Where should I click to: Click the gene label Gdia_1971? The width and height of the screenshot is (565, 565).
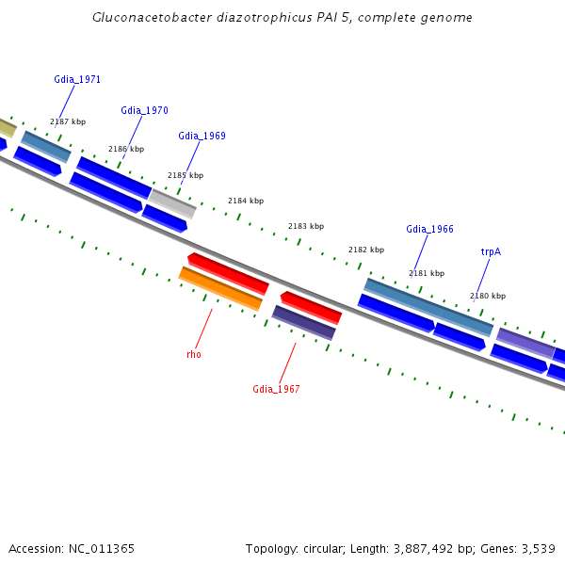[77, 80]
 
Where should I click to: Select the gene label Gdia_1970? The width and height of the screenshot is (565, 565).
[144, 111]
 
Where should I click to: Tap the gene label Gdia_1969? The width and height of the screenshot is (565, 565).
[202, 137]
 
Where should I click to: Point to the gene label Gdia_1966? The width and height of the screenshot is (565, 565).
[429, 230]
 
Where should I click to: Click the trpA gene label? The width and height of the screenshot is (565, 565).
[491, 252]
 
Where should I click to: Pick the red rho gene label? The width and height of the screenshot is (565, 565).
[194, 355]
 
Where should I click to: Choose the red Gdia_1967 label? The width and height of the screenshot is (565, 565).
[276, 390]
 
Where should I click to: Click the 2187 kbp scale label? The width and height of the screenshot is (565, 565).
[68, 122]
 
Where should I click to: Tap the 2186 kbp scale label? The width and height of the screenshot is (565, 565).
[126, 149]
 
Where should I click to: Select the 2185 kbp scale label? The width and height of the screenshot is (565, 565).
[186, 175]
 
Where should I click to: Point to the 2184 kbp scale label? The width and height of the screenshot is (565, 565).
[246, 201]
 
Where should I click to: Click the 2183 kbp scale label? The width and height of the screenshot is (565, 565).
[306, 226]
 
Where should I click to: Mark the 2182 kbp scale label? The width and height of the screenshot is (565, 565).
[366, 250]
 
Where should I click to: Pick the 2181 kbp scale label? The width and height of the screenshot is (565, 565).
[427, 273]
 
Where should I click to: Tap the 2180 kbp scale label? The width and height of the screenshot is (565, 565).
[488, 296]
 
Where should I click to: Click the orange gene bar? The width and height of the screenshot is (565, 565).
[220, 288]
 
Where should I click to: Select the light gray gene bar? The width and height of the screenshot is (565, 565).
[172, 202]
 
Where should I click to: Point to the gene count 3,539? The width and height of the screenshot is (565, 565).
[536, 548]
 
